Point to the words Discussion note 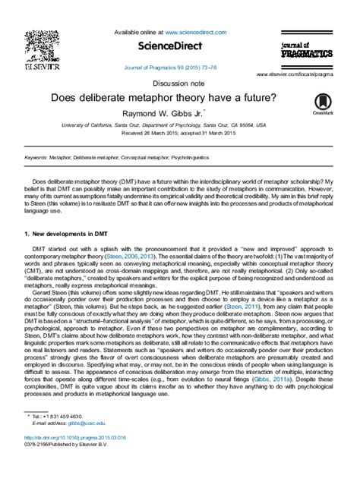coord(179,82)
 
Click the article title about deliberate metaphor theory coord(179,96)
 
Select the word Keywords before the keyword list coord(36,157)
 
